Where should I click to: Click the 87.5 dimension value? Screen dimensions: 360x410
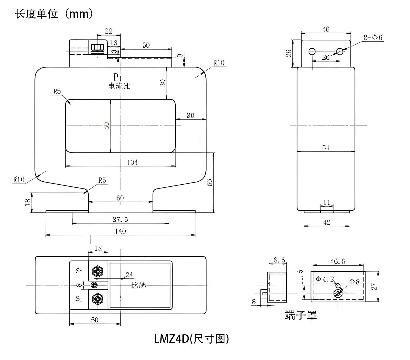pos(120,219)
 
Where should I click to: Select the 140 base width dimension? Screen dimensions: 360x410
pos(120,231)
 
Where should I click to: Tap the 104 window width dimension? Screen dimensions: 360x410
pos(132,162)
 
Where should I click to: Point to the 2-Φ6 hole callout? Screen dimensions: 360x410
pos(373,37)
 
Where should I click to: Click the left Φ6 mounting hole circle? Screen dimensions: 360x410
pos(312,51)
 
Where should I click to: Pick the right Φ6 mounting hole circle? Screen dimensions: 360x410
pos(340,51)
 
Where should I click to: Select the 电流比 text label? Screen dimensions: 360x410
pos(119,86)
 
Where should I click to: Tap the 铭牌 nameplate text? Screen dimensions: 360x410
pos(139,285)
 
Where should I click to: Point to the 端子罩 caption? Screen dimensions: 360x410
pos(301,315)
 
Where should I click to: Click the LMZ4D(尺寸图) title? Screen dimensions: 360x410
pos(191,339)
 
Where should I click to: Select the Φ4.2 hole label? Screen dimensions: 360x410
pos(325,279)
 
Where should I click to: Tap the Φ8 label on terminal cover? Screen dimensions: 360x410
pos(355,281)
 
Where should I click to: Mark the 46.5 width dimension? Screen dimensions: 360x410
pos(338,262)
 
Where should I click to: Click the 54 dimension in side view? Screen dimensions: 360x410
pos(326,148)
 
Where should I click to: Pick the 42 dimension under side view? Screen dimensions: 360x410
pos(327,222)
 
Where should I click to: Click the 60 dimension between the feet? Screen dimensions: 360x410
pos(120,198)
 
